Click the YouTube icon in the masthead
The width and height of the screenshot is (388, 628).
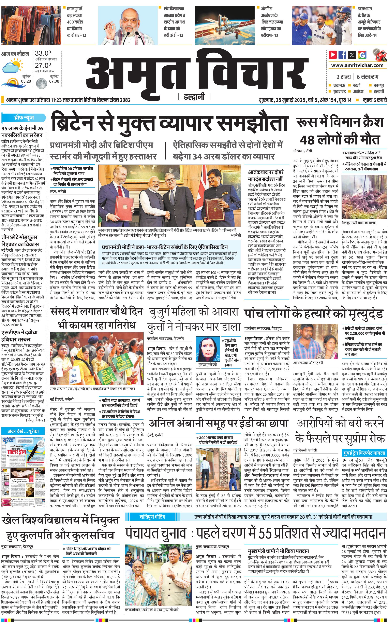pyautogui.click(x=333, y=55)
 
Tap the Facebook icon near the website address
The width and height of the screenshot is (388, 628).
pyautogui.click(x=342, y=55)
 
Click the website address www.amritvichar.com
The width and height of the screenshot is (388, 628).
pyautogui.click(x=357, y=65)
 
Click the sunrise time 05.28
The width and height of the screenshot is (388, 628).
pyautogui.click(x=26, y=81)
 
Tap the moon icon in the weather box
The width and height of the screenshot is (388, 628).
pyautogui.click(x=41, y=83)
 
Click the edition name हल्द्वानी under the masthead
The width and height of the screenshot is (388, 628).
pyautogui.click(x=194, y=97)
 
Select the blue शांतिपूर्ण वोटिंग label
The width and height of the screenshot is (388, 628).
pyautogui.click(x=152, y=509)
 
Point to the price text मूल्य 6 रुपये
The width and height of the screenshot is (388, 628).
pyautogui.click(x=375, y=100)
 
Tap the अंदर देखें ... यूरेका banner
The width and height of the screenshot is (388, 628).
pyautogui.click(x=23, y=431)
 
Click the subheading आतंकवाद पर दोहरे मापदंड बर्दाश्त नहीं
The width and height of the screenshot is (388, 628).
pyautogui.click(x=266, y=176)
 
